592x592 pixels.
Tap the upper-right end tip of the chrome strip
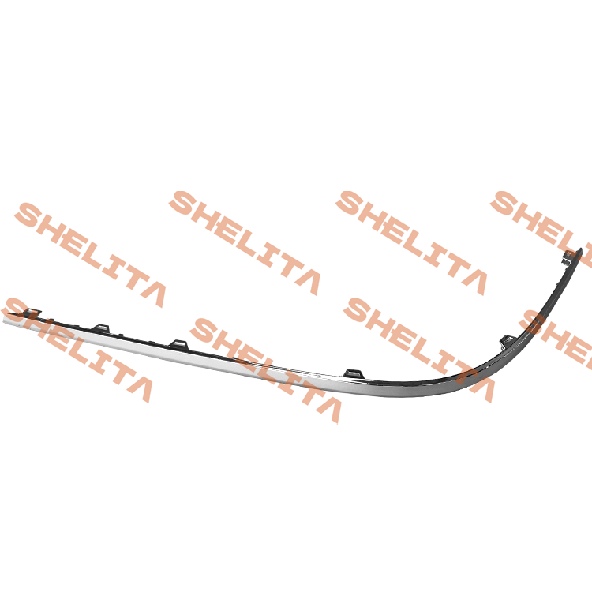click(580, 250)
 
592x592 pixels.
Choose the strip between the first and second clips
click(67, 328)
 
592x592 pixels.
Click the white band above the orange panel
click(296, 95)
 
